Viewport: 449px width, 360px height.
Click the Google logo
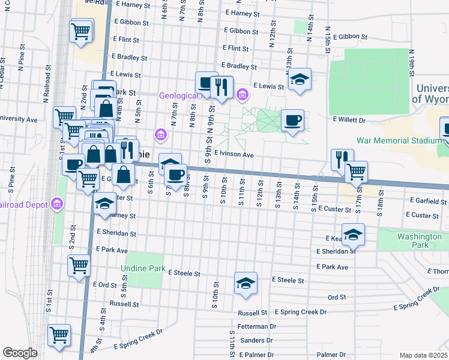pos(20,353)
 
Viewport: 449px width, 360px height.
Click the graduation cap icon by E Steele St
pos(246,283)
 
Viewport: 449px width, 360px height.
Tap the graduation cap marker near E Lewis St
pos(299,80)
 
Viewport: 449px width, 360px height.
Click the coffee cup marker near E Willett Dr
pos(292,121)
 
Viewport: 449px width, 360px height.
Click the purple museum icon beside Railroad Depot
pos(58,205)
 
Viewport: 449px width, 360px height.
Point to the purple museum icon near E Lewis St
pos(242,94)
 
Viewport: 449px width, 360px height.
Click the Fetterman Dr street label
pos(256,327)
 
